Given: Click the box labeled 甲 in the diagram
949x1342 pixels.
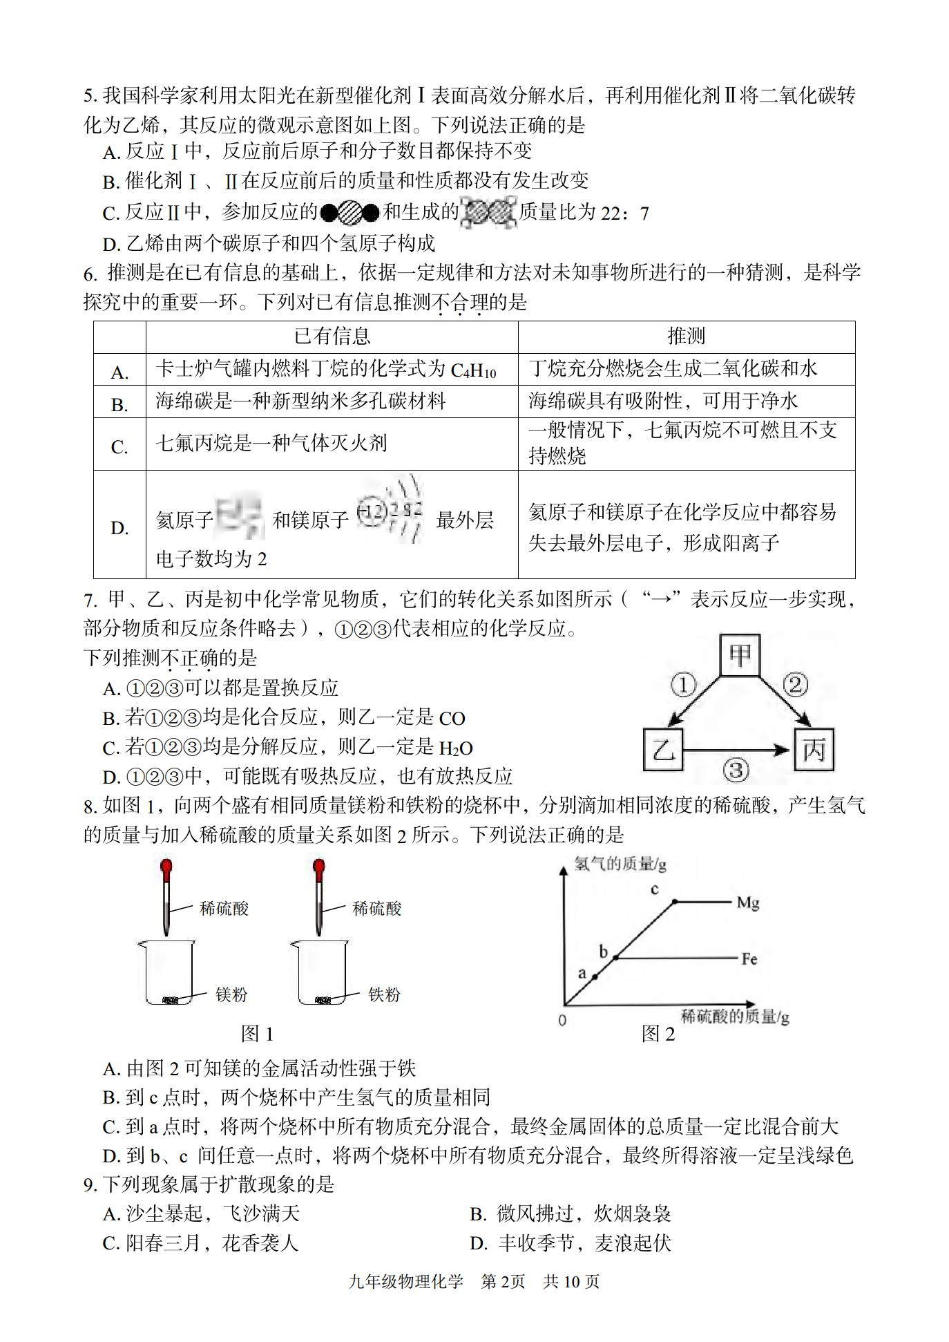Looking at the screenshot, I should [x=740, y=654].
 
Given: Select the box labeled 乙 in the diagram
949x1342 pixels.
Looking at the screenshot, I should [x=663, y=749].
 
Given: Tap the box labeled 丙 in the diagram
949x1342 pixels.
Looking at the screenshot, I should [x=814, y=749].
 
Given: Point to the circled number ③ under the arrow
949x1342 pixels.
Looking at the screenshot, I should [x=736, y=770].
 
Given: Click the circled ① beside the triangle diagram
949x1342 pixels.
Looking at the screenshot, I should [x=683, y=686].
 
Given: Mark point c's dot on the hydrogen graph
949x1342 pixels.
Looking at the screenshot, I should [x=675, y=901].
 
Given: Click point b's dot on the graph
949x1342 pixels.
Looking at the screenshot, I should [x=616, y=958].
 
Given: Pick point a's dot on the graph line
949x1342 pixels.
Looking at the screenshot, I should [x=594, y=977].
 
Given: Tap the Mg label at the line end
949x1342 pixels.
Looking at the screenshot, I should [x=748, y=902].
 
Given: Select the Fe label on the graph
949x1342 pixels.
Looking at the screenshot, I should [x=749, y=959].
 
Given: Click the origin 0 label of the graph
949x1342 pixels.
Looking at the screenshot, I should [x=562, y=1020].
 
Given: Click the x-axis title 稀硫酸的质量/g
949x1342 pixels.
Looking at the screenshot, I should [x=735, y=1016].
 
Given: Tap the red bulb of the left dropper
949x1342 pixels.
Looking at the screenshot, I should [x=166, y=867].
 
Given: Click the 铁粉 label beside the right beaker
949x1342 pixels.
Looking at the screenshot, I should [x=384, y=994].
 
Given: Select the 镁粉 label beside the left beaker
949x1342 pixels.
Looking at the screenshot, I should [x=231, y=994].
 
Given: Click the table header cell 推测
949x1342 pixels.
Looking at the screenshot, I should [x=686, y=337].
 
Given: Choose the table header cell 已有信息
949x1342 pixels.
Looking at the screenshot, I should [x=332, y=337].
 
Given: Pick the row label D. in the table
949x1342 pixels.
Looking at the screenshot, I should [x=119, y=528].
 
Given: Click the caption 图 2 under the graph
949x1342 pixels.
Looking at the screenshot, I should [x=658, y=1034].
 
